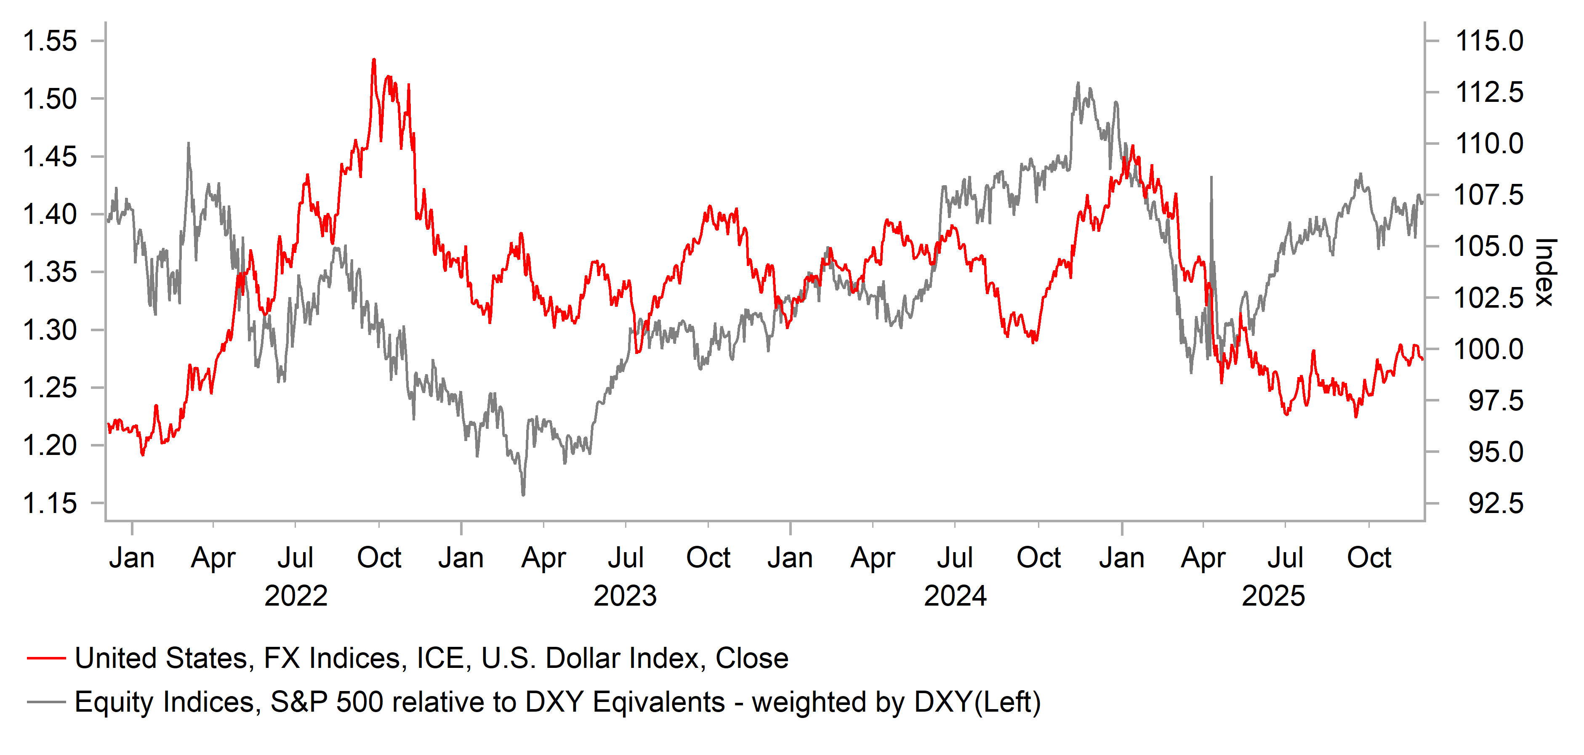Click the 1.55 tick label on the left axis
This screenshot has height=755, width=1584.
click(49, 41)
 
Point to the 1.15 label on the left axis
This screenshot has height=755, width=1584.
click(49, 503)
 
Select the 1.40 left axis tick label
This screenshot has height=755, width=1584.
click(49, 215)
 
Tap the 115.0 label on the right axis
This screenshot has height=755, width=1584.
click(1489, 41)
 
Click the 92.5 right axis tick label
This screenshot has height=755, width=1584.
click(1496, 503)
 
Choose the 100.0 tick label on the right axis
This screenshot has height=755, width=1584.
click(1489, 349)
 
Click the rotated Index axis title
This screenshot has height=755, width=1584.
click(1545, 272)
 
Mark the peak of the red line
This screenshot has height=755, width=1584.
click(374, 60)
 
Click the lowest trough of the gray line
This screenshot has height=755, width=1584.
click(523, 494)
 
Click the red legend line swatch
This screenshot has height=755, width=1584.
click(46, 659)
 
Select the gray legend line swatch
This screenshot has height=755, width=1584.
click(46, 702)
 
